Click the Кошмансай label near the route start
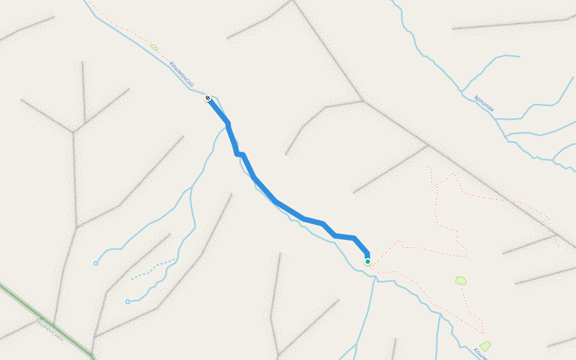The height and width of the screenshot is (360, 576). (x=181, y=74)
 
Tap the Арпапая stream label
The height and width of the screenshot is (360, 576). (x=484, y=104)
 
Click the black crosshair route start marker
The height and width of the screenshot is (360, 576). (x=208, y=98)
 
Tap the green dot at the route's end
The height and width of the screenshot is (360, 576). (x=367, y=262)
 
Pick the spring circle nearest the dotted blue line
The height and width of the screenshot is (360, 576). (x=128, y=302)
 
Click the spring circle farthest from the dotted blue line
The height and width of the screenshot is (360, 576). (x=96, y=263)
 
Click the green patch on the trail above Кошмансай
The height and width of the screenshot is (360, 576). (x=154, y=47)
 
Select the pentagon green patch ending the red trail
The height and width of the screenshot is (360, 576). (x=461, y=280)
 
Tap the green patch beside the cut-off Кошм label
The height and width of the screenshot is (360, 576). (x=485, y=346)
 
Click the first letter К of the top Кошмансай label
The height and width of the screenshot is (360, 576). (x=172, y=64)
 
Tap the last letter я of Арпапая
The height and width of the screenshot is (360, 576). (x=491, y=110)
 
